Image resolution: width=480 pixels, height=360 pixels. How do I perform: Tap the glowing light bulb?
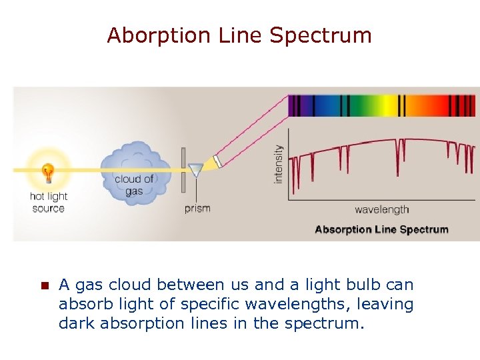[x=47, y=171]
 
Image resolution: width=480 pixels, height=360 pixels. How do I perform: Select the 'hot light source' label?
[x=48, y=202]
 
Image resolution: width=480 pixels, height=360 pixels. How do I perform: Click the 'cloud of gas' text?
[x=133, y=185]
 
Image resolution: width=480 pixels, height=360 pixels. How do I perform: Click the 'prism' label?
[x=197, y=208]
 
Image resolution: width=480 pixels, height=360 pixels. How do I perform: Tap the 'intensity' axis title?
[x=278, y=165]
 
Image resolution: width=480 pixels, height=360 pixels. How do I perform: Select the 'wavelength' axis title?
[x=381, y=209]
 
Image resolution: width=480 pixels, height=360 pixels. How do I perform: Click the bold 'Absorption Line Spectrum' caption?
[x=381, y=229]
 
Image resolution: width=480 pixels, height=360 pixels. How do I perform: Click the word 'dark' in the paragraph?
[x=77, y=325]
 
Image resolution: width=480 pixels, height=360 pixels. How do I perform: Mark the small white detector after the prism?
[x=216, y=162]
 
